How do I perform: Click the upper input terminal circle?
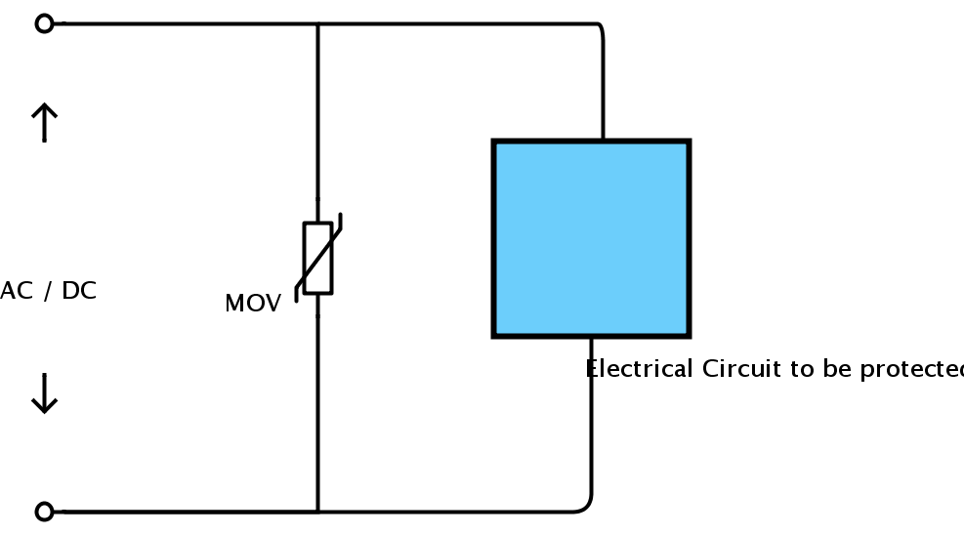[x=44, y=24]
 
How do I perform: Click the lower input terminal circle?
[x=44, y=511]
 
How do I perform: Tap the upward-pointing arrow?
[x=44, y=122]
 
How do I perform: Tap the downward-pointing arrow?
[x=44, y=393]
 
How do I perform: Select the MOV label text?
[x=253, y=303]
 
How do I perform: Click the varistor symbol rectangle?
[x=317, y=258]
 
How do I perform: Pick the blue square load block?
[x=592, y=239]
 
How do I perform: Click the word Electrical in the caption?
[x=640, y=368]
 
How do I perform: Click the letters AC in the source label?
[x=16, y=291]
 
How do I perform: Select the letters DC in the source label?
[x=79, y=291]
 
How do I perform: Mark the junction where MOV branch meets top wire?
[x=317, y=24]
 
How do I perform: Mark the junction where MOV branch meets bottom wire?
[x=317, y=511]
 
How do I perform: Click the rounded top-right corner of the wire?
[x=600, y=27]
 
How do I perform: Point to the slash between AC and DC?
[x=47, y=291]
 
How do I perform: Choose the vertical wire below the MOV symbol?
[x=317, y=403]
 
